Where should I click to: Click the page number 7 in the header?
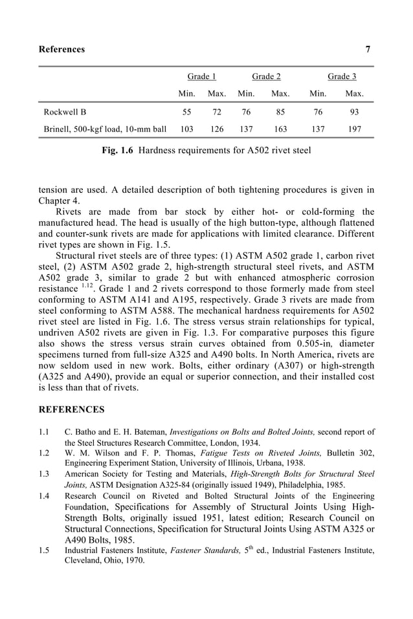point(368,50)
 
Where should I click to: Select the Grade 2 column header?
point(266,76)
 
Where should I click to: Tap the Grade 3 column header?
point(342,76)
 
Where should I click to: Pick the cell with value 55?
point(186,112)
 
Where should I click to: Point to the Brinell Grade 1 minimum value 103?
point(186,129)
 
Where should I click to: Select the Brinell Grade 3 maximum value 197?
point(354,129)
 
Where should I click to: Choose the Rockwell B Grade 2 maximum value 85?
point(280,112)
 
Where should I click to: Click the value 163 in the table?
point(280,129)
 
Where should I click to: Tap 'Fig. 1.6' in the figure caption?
point(119,151)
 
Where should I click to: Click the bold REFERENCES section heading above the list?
point(71,410)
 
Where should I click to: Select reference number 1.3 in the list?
point(44,474)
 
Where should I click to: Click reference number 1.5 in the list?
point(44,550)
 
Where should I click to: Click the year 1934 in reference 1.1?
point(250,442)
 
